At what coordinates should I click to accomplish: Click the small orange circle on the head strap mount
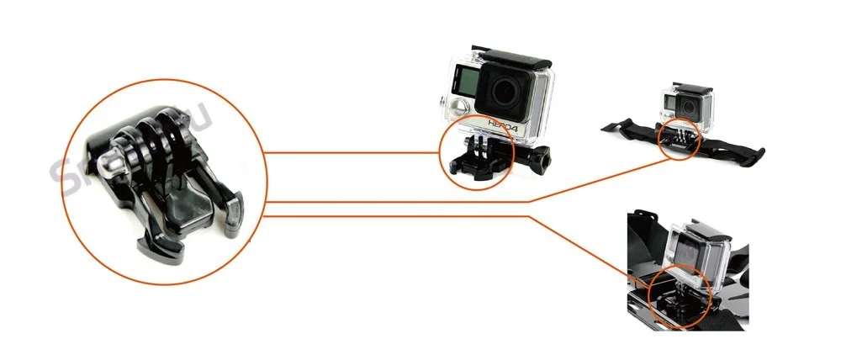[678, 138]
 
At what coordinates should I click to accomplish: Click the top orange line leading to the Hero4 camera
[353, 153]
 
